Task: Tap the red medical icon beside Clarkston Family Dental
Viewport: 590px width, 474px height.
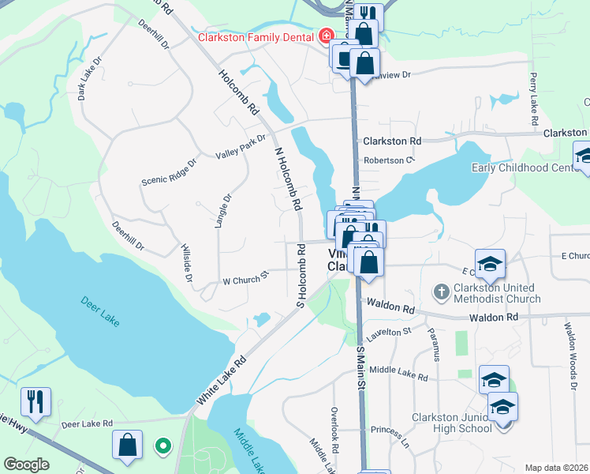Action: point(325,36)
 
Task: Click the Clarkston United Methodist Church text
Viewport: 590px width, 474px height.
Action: point(497,293)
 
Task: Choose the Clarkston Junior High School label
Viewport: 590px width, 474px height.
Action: point(453,422)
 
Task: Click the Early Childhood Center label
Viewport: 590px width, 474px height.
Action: point(526,167)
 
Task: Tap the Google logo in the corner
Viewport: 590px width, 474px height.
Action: point(26,465)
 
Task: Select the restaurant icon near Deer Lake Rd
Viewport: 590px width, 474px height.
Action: point(36,401)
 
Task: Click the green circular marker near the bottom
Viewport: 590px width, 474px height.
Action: point(163,446)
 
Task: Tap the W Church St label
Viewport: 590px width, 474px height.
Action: point(245,280)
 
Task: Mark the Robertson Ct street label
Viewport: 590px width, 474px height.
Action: point(389,160)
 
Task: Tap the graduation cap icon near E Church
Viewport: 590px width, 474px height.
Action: point(489,263)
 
